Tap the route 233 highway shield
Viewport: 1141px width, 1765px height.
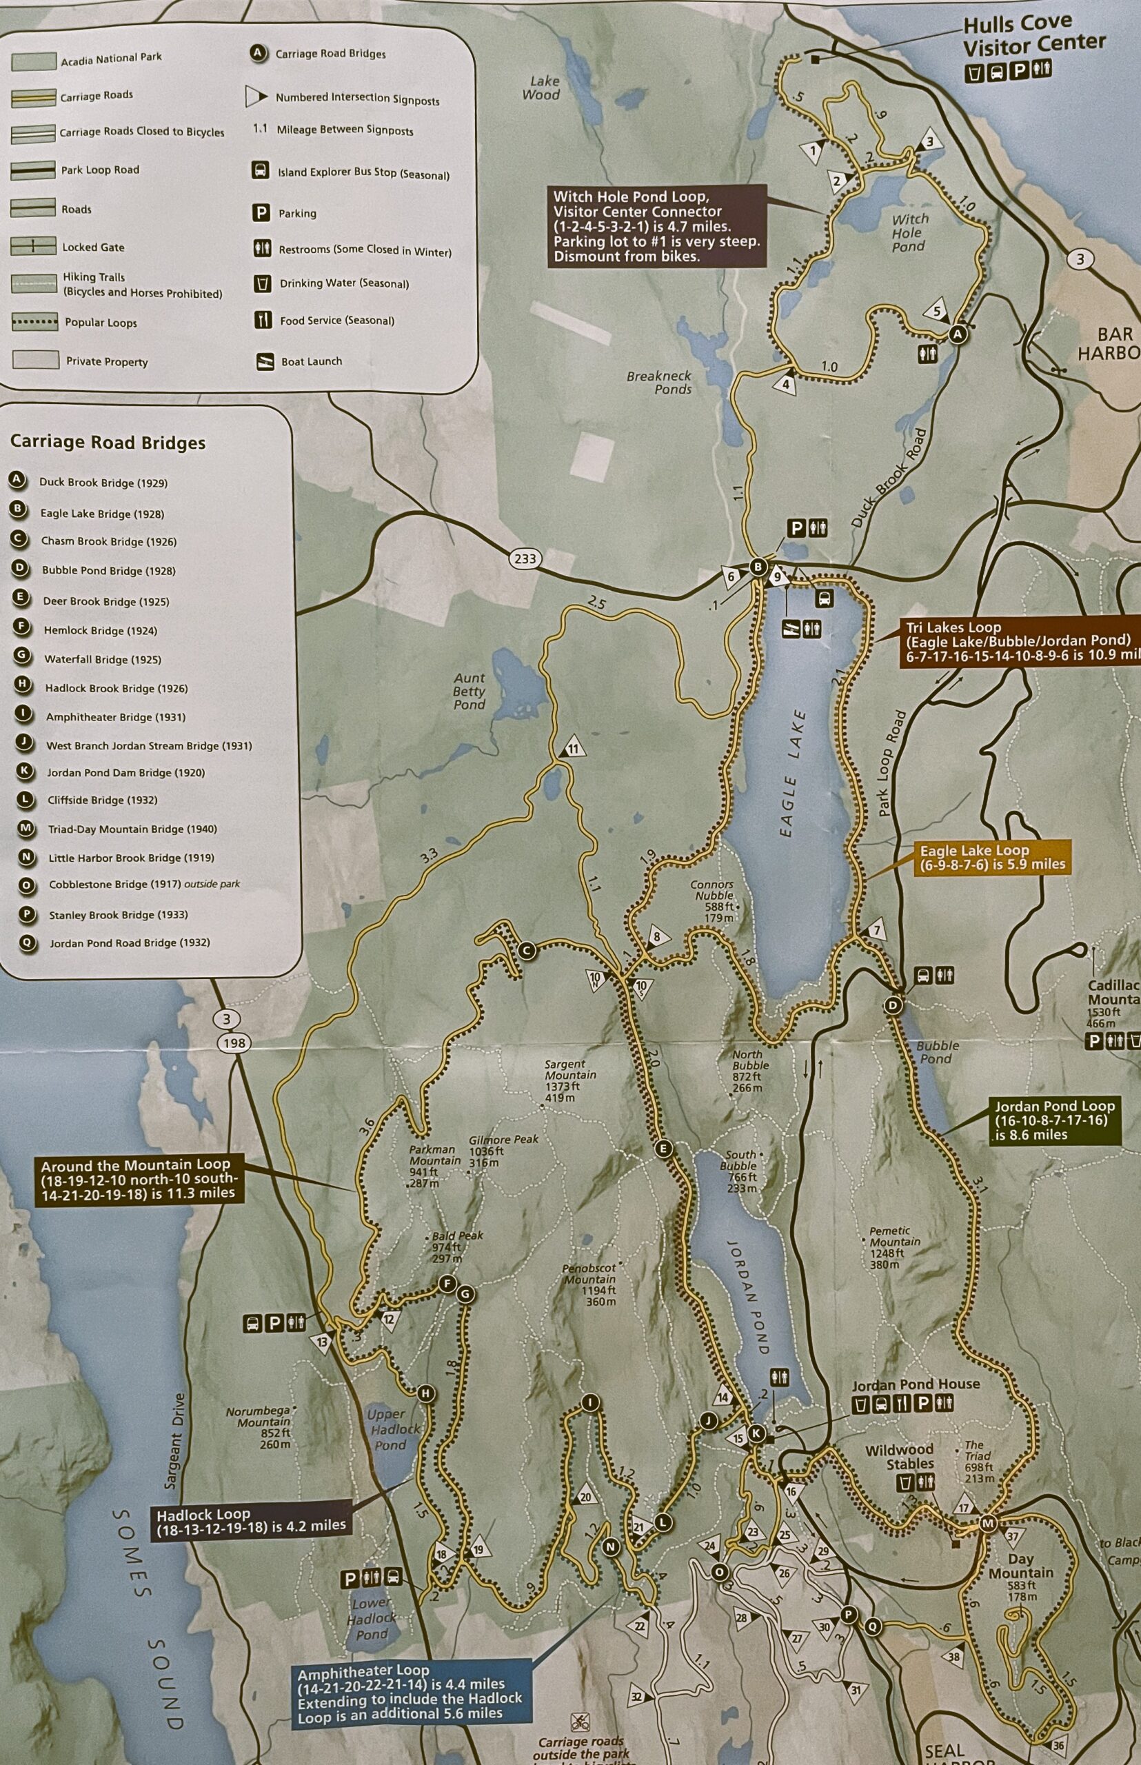pyautogui.click(x=525, y=558)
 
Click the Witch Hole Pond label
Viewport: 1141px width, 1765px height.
pyautogui.click(x=909, y=232)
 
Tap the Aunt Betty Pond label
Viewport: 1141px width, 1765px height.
pyautogui.click(x=469, y=691)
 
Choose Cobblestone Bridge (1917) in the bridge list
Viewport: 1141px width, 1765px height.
pyautogui.click(x=143, y=885)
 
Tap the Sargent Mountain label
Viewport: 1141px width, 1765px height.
pyautogui.click(x=569, y=1080)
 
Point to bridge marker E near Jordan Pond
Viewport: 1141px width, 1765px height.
pyautogui.click(x=663, y=1149)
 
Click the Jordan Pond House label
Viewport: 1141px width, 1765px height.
pyautogui.click(x=915, y=1384)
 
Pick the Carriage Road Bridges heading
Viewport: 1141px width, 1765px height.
pyautogui.click(x=108, y=443)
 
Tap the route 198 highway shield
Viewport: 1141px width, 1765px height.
pyautogui.click(x=236, y=1043)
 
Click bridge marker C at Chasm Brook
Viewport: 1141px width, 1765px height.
pyautogui.click(x=527, y=951)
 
